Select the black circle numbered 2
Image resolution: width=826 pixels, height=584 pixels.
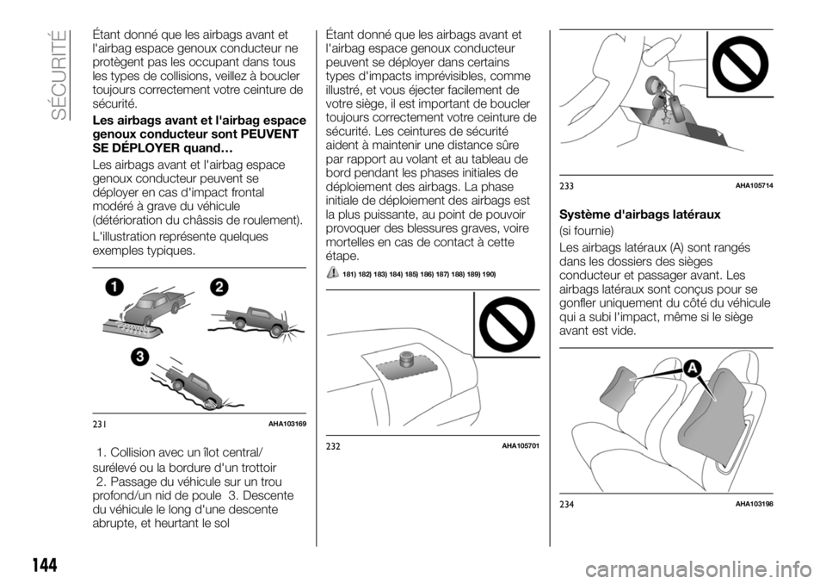pos(219,288)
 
